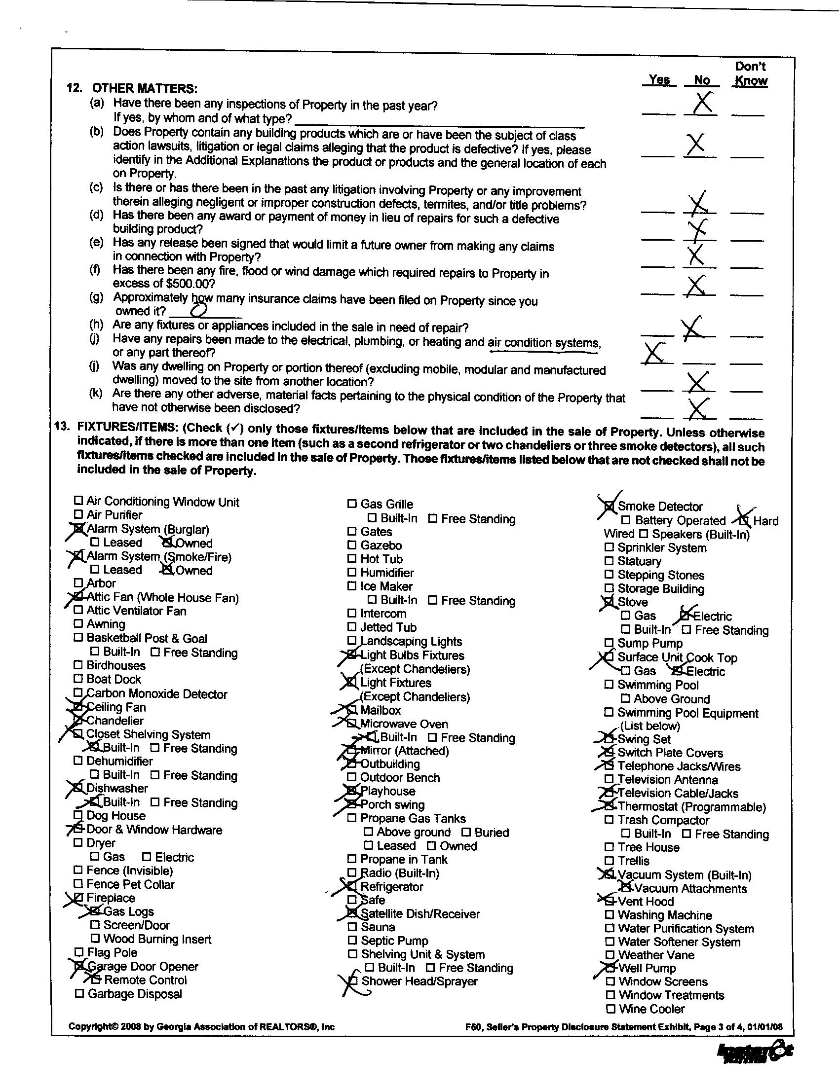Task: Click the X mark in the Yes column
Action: click(x=654, y=353)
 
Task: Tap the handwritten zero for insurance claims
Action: click(x=199, y=310)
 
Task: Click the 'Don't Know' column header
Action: click(x=751, y=74)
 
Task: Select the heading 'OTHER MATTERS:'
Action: click(x=145, y=89)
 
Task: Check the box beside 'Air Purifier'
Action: click(x=78, y=514)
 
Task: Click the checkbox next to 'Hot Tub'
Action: click(x=352, y=559)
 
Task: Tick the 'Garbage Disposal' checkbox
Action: click(x=79, y=994)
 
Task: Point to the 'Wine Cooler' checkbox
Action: click(x=610, y=1009)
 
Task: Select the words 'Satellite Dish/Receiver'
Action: click(x=420, y=914)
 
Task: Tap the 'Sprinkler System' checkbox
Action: click(x=609, y=547)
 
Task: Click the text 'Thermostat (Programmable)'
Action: click(x=691, y=807)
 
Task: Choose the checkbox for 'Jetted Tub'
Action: click(x=352, y=627)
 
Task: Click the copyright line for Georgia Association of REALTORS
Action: click(x=201, y=1026)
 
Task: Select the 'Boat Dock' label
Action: click(x=114, y=679)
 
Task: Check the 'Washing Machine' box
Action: click(x=609, y=914)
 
